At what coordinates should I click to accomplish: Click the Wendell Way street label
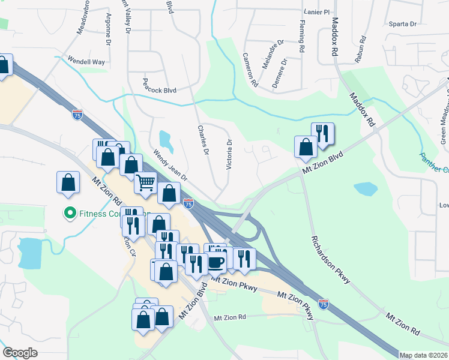click(x=86, y=61)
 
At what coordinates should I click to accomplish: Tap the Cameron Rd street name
click(x=250, y=70)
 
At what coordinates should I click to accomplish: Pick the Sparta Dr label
click(x=403, y=24)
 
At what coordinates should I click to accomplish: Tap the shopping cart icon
click(x=145, y=182)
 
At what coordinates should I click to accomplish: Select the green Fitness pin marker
click(x=70, y=213)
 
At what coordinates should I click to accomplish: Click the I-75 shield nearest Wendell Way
click(x=77, y=115)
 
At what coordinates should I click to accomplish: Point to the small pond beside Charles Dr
click(x=166, y=142)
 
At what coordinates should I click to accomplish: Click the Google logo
click(x=20, y=353)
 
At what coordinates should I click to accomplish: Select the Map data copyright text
click(x=423, y=355)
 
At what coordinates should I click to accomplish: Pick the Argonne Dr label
click(x=109, y=29)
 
